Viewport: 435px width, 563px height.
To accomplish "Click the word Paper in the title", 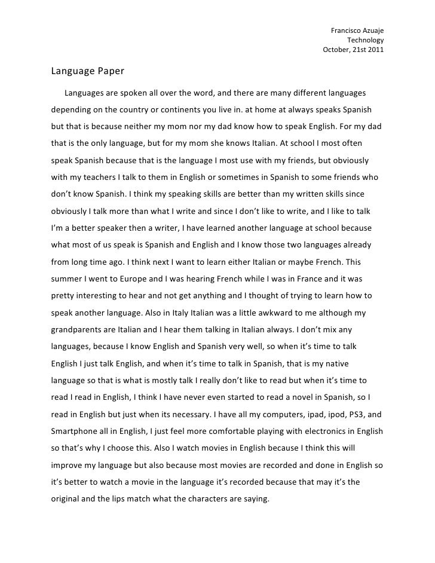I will (108, 72).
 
